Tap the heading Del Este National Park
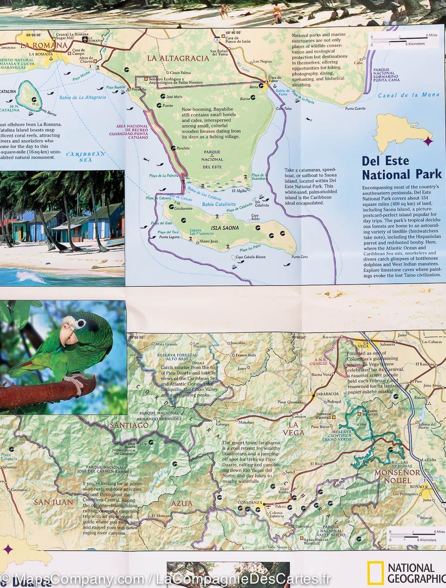pyautogui.click(x=401, y=168)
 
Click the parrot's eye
pyautogui.click(x=79, y=323)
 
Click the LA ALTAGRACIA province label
pyautogui.click(x=178, y=58)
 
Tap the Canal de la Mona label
pyautogui.click(x=409, y=95)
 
